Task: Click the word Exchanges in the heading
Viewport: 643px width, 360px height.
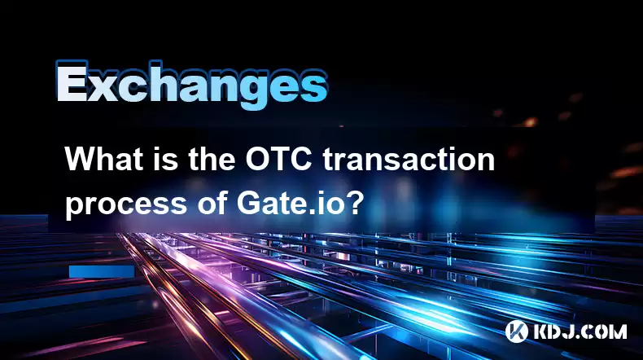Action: point(191,86)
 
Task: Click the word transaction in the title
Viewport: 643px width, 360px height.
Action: point(409,160)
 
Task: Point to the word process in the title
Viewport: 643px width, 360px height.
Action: point(126,204)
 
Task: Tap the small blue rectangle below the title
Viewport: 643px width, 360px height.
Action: point(102,271)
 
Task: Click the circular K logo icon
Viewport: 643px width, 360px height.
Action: point(516,331)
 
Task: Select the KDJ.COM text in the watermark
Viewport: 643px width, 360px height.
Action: point(580,331)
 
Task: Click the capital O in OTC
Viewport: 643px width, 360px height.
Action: point(258,160)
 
